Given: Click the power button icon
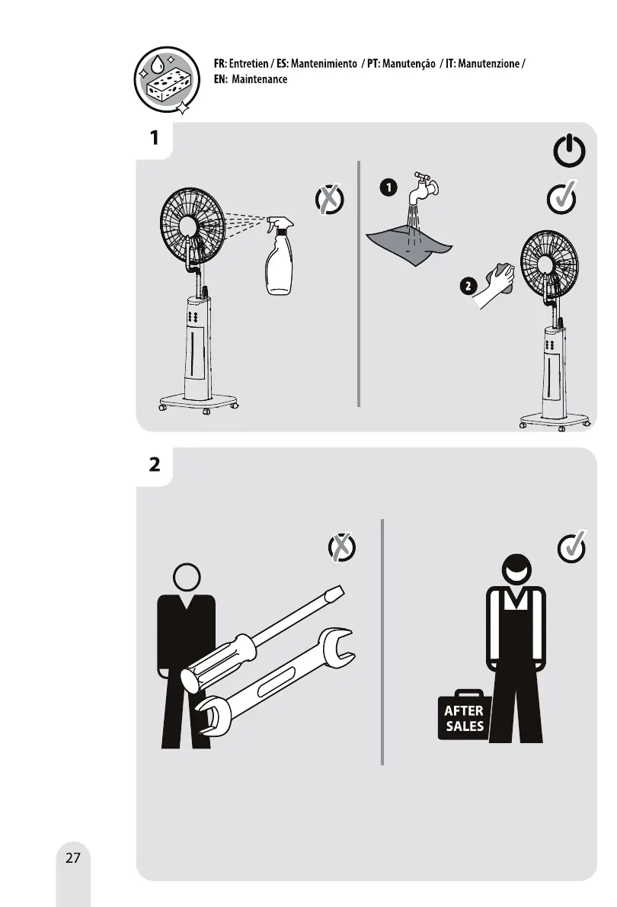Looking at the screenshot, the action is [569, 153].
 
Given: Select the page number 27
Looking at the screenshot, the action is [73, 857].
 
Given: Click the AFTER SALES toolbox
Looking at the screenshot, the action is [463, 717].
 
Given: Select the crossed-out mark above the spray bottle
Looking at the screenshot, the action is [329, 200].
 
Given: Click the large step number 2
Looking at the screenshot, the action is [155, 464].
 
